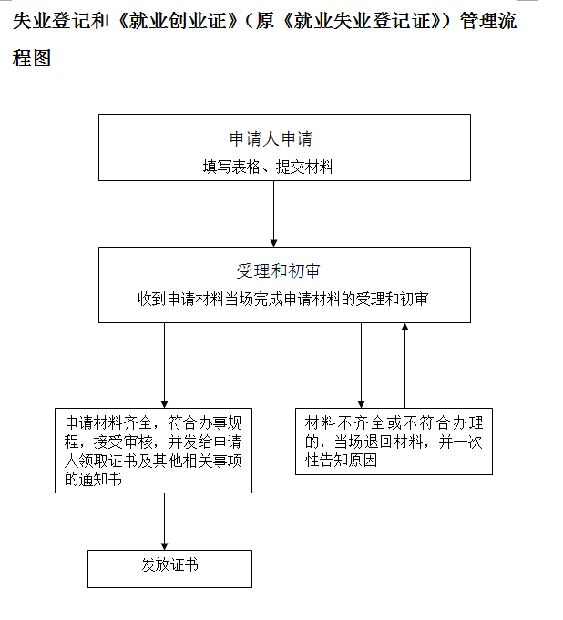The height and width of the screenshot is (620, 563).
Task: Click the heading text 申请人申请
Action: coord(271,138)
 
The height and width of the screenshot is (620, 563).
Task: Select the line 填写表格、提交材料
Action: coord(268,167)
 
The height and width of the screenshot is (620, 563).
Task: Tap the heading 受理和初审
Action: coord(278,271)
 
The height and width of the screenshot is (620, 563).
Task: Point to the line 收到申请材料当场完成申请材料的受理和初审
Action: coord(283,299)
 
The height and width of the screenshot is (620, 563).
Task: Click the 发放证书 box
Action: coord(169,569)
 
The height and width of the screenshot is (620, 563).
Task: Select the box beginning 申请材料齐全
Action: coord(154,451)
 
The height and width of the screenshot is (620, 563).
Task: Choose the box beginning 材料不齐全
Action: coord(394,442)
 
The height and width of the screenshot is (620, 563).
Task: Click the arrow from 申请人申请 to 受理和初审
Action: coord(273,214)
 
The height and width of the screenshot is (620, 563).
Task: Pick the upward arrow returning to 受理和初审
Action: coord(404,365)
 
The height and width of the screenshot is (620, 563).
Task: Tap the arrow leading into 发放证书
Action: coord(164,521)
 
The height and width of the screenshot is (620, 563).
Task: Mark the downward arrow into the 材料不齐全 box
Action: coord(361,365)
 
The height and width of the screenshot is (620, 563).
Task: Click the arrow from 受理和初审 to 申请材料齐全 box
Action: coord(164,365)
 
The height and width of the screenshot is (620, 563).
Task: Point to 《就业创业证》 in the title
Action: coord(178,21)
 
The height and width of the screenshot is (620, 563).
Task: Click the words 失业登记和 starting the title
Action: coord(61,21)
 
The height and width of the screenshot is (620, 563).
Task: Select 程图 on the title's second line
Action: coord(32,57)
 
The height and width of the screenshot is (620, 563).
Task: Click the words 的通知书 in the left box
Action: coord(93,479)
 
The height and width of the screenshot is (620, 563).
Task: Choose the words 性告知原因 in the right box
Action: coord(341,460)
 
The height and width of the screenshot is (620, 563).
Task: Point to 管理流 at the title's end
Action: coord(488,21)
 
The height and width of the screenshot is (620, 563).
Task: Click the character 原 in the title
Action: coord(265,21)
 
